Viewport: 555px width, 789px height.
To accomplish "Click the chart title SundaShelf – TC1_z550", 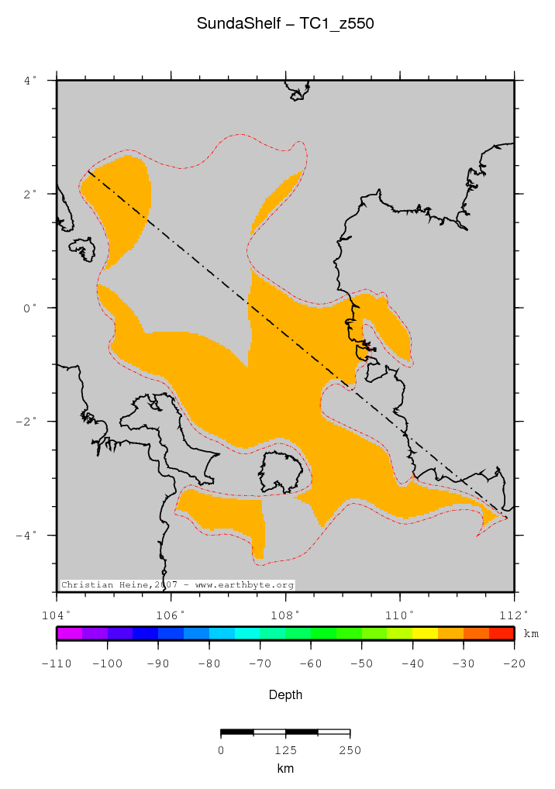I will pos(285,24).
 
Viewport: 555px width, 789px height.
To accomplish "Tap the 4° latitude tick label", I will pos(30,80).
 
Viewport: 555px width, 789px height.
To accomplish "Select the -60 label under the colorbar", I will pos(310,663).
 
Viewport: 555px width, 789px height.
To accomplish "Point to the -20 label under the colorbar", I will pos(515,663).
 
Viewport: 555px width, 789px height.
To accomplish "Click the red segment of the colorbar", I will pos(502,633).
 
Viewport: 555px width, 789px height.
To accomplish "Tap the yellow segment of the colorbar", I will pos(425,633).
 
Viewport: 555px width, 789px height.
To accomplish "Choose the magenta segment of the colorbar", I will pos(70,633).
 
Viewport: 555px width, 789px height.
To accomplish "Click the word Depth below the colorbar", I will pos(285,695).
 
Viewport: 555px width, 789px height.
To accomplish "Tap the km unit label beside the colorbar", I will pos(531,634).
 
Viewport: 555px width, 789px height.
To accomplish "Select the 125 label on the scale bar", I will pos(285,750).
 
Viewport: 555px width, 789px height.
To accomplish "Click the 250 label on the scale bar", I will pos(350,750).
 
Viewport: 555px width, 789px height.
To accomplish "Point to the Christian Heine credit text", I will pos(178,584).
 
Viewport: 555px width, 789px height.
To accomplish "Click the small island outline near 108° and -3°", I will pos(281,471).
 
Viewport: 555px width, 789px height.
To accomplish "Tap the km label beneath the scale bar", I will pos(285,769).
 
